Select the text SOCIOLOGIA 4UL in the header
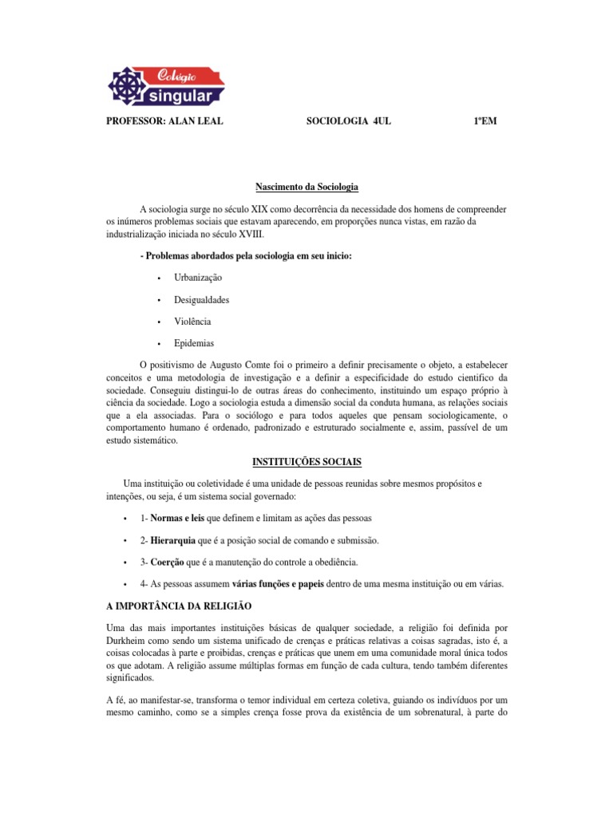pos(349,121)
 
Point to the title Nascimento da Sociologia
pos(306,187)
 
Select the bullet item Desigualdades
pos(201,299)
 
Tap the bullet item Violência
pos(192,322)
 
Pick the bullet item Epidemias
pos(194,344)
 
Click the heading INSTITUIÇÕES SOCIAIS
pos(306,462)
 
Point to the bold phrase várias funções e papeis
pos(278,584)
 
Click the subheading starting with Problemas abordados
pos(245,255)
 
